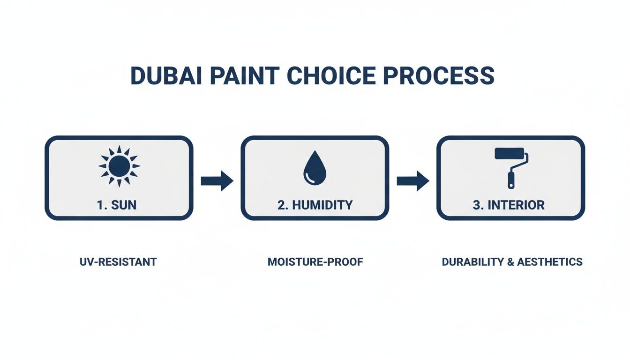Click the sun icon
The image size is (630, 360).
click(x=119, y=165)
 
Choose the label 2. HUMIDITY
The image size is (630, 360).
click(x=315, y=205)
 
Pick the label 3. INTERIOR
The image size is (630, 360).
click(x=510, y=205)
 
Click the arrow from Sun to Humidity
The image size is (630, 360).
click(x=217, y=181)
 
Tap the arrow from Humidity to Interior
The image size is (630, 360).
click(x=412, y=181)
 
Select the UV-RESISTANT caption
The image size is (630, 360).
click(x=118, y=262)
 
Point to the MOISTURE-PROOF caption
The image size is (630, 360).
click(x=315, y=262)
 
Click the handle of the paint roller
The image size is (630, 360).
click(x=511, y=180)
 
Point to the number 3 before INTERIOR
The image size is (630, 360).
click(x=476, y=205)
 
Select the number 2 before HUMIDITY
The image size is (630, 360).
click(x=280, y=205)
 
